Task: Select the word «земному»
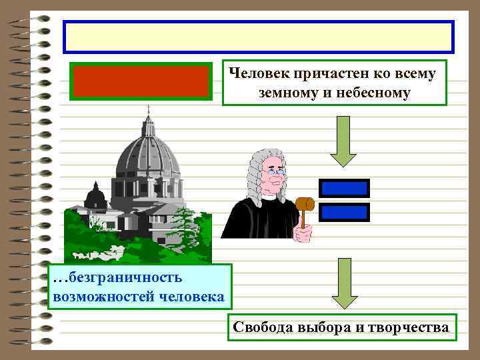(287, 91)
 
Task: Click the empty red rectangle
(142, 81)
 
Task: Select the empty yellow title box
(258, 37)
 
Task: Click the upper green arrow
(343, 141)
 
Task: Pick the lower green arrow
(343, 286)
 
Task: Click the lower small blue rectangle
(344, 213)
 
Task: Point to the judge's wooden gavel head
(304, 203)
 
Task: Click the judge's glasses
(276, 171)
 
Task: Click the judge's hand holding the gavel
(305, 233)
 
